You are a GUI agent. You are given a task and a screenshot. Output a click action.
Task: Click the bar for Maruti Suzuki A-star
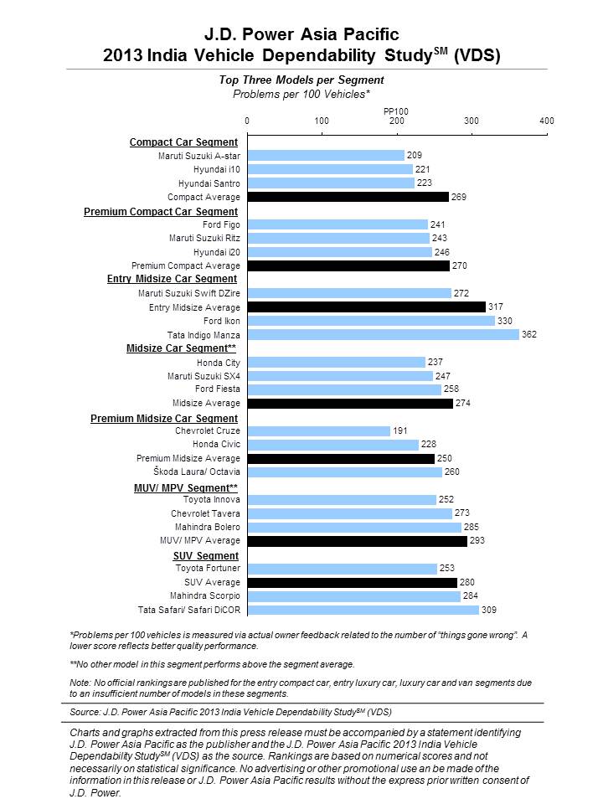tap(326, 156)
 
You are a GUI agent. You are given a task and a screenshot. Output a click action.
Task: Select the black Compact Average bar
tap(348, 197)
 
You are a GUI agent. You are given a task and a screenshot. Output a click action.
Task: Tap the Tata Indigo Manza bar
tap(383, 335)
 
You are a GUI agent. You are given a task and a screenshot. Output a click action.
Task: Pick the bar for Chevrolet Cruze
tap(319, 431)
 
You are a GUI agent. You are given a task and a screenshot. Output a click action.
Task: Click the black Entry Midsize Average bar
tap(366, 307)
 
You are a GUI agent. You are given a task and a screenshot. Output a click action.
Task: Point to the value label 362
tap(529, 334)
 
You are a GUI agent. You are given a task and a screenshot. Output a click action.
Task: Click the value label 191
tap(400, 430)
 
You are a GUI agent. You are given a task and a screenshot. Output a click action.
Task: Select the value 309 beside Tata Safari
tap(488, 610)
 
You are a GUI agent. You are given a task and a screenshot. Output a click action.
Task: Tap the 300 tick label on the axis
tap(472, 121)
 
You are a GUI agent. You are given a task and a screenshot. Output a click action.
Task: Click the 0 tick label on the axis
tap(247, 121)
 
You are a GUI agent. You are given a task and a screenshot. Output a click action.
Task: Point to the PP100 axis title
tap(396, 111)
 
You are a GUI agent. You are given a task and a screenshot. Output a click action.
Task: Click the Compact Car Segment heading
tap(183, 142)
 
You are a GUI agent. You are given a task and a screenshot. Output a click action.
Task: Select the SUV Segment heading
tap(206, 556)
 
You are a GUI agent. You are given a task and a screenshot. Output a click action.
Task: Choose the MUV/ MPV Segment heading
tap(186, 487)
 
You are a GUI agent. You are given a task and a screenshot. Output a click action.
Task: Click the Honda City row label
tap(219, 363)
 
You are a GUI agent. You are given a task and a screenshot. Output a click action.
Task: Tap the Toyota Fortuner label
tap(208, 568)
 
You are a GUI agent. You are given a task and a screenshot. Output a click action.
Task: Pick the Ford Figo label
tap(221, 224)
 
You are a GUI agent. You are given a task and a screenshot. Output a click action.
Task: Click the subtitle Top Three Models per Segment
tap(301, 80)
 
